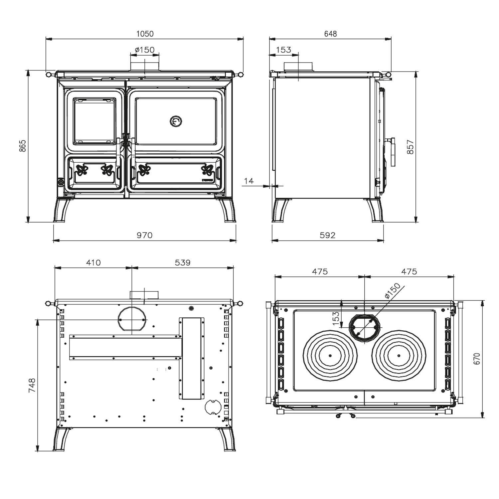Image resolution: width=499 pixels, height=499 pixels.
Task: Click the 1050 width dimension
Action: (x=145, y=34)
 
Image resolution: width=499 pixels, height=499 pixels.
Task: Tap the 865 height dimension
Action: (x=23, y=146)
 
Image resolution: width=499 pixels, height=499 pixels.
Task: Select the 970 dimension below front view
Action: (x=145, y=235)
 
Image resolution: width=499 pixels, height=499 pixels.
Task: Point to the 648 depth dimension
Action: (x=330, y=34)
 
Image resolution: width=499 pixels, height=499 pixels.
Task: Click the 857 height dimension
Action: (x=411, y=147)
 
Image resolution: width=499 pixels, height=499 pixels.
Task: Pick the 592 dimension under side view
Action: (x=328, y=235)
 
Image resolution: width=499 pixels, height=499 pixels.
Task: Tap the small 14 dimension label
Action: (x=249, y=181)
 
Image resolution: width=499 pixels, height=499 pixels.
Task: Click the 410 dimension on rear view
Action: (x=93, y=262)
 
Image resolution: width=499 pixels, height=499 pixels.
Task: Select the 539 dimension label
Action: (x=183, y=262)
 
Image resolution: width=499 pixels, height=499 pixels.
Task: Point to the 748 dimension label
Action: (x=32, y=385)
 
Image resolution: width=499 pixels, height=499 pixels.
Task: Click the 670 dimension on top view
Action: (x=477, y=359)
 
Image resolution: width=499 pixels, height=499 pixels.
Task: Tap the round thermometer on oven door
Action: (x=176, y=121)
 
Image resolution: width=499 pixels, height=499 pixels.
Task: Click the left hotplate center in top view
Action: (x=330, y=356)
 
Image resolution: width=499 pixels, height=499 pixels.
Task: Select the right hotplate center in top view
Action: (x=399, y=356)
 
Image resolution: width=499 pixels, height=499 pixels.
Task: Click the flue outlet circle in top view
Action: (x=364, y=327)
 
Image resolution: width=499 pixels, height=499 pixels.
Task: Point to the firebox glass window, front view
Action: (x=94, y=121)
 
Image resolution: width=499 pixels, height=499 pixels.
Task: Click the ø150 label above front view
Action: (x=145, y=50)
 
